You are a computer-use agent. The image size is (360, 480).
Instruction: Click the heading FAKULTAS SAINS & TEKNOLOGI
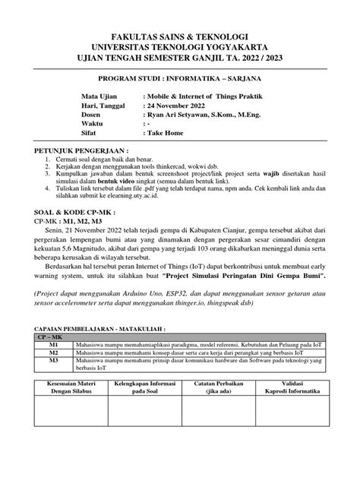[x=180, y=36]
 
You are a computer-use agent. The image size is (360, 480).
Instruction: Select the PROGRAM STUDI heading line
[x=180, y=81]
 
